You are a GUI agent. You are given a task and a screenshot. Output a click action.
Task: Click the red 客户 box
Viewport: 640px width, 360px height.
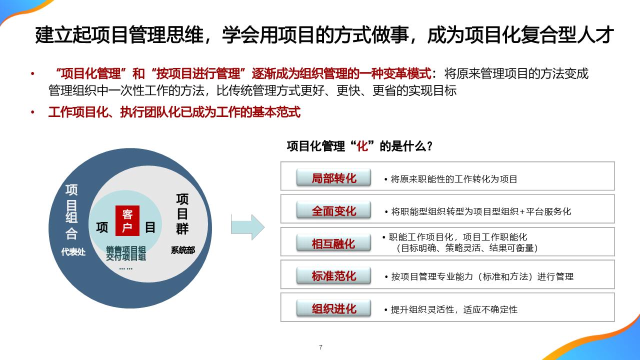127,220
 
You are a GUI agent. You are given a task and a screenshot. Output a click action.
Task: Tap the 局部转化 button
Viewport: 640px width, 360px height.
333,178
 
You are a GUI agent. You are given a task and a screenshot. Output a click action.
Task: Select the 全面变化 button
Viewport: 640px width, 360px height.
333,210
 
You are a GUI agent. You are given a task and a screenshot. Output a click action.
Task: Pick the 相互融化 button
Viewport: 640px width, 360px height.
333,243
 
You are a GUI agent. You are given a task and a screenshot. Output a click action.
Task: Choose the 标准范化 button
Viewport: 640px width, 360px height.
333,276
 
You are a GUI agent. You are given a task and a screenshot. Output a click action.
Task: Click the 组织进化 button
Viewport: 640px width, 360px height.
333,308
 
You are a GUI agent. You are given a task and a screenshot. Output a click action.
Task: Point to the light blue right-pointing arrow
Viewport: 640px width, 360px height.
247,227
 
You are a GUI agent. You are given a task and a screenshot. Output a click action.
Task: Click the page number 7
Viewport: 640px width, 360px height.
320,347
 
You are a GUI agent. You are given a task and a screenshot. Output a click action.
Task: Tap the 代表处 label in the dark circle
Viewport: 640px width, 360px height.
73,252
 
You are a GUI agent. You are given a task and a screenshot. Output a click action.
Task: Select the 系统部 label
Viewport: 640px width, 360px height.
182,250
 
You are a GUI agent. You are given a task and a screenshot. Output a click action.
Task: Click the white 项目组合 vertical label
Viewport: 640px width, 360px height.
72,212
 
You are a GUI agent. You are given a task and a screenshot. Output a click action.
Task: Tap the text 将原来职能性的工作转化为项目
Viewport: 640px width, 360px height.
454,179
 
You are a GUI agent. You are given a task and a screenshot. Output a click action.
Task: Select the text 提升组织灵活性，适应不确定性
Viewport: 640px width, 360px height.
454,309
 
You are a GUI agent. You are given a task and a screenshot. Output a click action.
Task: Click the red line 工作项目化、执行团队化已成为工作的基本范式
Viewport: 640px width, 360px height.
174,112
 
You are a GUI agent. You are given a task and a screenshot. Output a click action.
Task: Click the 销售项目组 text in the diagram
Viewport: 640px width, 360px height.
126,249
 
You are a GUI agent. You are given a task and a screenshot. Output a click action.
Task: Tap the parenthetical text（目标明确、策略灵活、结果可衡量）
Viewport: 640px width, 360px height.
466,247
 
